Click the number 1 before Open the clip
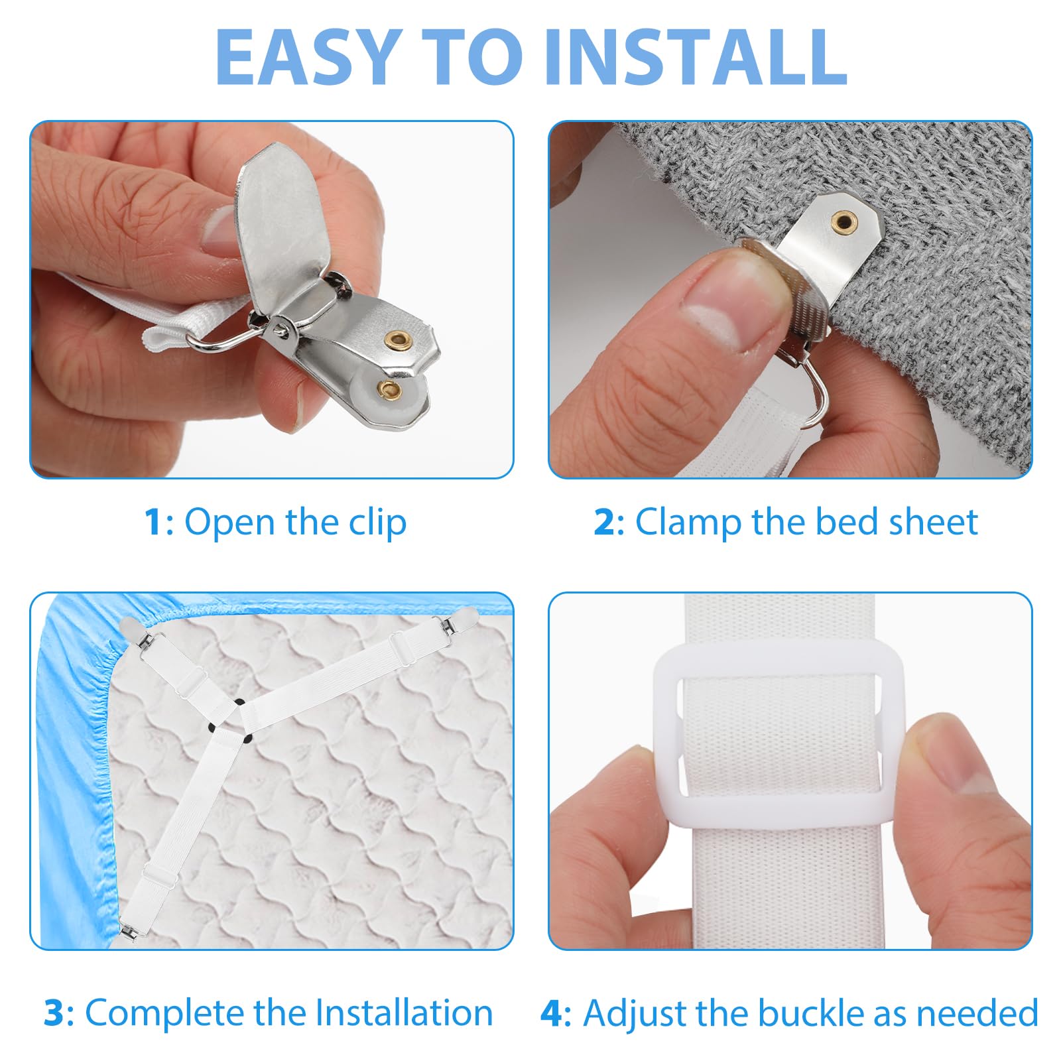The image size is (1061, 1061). pos(153,522)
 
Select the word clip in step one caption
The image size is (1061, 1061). pos(377,523)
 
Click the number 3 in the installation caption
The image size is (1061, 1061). pos(54,1013)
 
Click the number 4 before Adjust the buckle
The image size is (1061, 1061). pos(552,1013)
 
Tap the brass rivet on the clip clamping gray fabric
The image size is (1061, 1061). pos(844,221)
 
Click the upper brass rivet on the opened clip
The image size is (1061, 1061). pos(399,340)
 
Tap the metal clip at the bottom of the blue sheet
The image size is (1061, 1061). pos(127,928)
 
